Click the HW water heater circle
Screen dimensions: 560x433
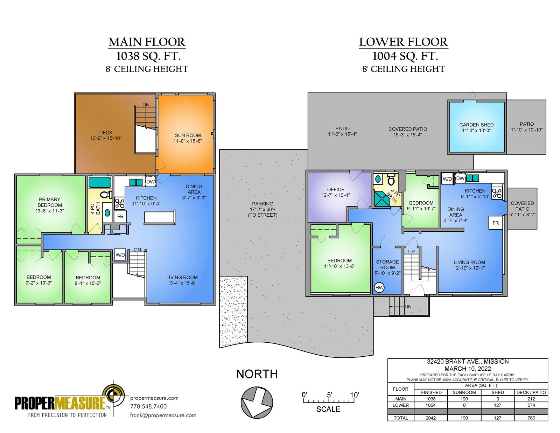(379, 288)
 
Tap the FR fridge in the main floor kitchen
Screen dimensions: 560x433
(120, 216)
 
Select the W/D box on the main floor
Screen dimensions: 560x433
(120, 255)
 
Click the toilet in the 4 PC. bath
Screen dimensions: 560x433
(106, 195)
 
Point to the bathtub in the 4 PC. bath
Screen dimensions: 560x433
(100, 182)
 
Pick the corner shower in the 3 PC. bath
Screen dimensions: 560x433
(382, 199)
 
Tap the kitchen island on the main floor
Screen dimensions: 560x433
(160, 217)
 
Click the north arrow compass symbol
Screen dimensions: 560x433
(257, 402)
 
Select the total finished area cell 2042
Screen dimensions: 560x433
(430, 418)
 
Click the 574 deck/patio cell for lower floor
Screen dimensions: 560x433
(531, 405)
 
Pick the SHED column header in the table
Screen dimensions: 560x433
(498, 392)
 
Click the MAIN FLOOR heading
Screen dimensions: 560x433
(147, 42)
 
